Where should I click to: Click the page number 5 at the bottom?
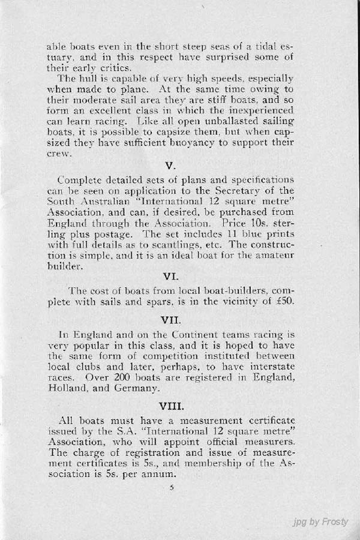(172, 487)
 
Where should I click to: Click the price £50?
(282, 301)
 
